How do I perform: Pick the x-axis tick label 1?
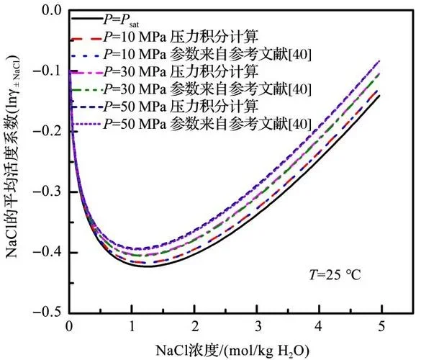tap(131, 326)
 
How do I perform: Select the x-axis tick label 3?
tap(257, 326)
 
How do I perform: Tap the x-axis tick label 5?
tap(382, 326)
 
